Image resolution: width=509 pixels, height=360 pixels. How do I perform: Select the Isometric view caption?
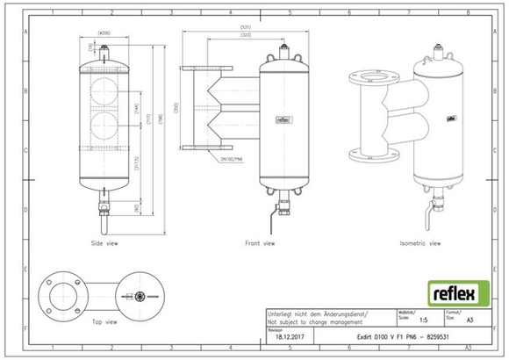click(419, 243)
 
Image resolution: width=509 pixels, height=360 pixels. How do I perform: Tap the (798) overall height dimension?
click(157, 119)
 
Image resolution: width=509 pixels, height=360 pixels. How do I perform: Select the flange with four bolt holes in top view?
click(63, 291)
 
